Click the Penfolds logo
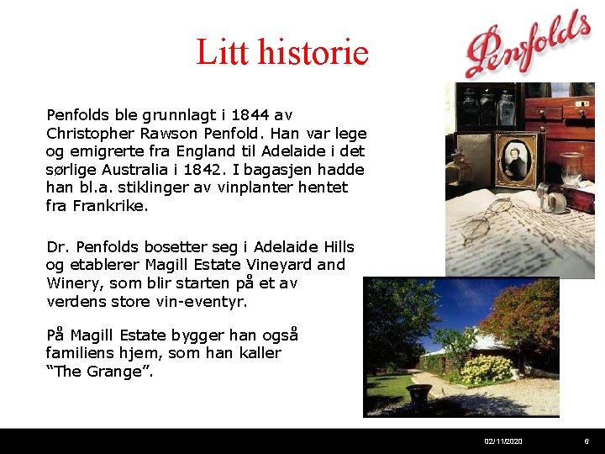click(x=528, y=45)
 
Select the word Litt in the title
click(x=216, y=53)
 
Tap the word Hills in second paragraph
click(x=336, y=247)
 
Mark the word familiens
click(x=80, y=353)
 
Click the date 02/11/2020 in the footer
click(x=503, y=441)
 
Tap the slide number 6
click(x=587, y=441)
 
